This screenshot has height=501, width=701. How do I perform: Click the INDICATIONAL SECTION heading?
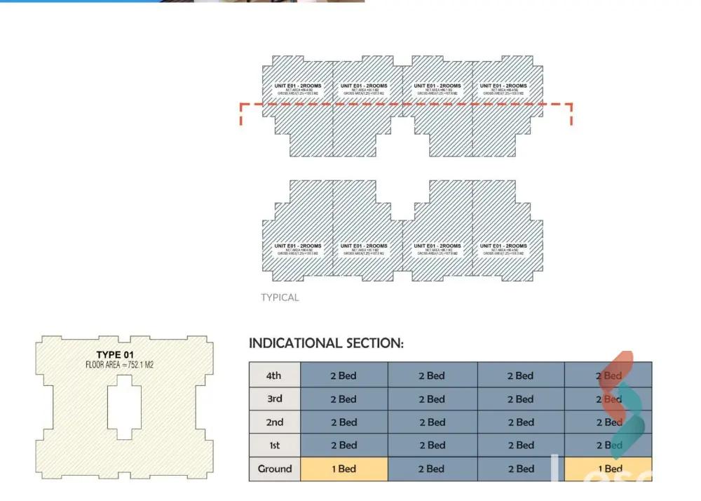click(326, 343)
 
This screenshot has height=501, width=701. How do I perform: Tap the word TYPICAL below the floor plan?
click(280, 298)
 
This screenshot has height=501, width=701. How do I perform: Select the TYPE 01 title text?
click(114, 355)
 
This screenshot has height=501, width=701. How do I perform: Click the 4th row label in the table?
click(274, 375)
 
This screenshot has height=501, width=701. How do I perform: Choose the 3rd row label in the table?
click(274, 399)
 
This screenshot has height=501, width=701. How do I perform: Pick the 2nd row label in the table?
click(274, 422)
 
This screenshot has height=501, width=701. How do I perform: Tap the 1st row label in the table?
click(274, 446)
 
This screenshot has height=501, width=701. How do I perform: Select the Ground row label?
click(274, 469)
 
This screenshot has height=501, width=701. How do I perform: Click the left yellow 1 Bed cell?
click(343, 469)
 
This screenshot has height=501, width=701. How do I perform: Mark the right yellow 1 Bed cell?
click(608, 469)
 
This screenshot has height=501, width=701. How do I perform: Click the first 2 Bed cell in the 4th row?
click(343, 375)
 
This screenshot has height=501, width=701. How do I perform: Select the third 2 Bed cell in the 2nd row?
click(520, 422)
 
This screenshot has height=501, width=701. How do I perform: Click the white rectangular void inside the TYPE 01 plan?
click(123, 407)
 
